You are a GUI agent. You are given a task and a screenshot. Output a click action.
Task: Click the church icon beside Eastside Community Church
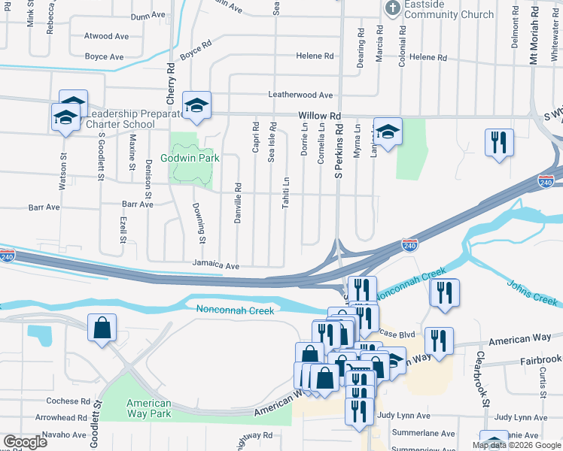click(391, 8)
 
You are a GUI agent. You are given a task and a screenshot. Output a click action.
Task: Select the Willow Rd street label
click(319, 116)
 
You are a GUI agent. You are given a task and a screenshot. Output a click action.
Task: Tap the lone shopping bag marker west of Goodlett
click(102, 328)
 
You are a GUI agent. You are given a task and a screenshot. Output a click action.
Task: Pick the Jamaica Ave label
click(215, 266)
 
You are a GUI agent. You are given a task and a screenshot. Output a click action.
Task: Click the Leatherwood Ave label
click(301, 95)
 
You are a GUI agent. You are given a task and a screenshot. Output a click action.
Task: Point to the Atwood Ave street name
click(107, 36)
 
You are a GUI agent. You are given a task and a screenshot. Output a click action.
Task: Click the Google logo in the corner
click(25, 442)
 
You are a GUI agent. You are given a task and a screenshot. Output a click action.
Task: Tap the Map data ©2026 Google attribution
click(516, 445)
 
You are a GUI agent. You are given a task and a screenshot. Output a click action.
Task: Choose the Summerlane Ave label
click(427, 434)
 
